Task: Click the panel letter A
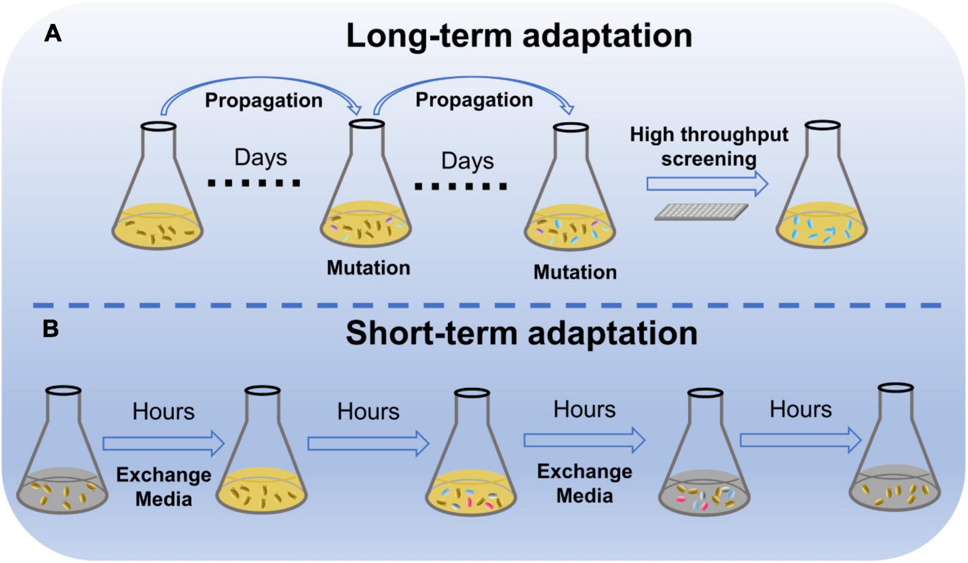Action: coord(53,34)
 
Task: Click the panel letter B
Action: coord(51,329)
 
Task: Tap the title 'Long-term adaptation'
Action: coord(519,36)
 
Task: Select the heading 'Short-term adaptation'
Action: coord(521,334)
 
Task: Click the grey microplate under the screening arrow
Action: coord(701,212)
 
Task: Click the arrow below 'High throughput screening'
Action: coord(707,184)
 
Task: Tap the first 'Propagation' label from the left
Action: coord(264,100)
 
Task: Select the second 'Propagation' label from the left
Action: coord(474,100)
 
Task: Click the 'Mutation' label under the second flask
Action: coord(368,268)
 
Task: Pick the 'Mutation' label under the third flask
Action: coord(575,272)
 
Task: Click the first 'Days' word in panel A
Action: coord(261,157)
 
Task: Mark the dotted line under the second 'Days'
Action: coord(461,187)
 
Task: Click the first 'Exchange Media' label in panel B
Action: coord(164,487)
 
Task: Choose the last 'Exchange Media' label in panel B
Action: coord(584,484)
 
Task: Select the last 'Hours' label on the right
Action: coord(800,409)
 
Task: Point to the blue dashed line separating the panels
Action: coord(487,305)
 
